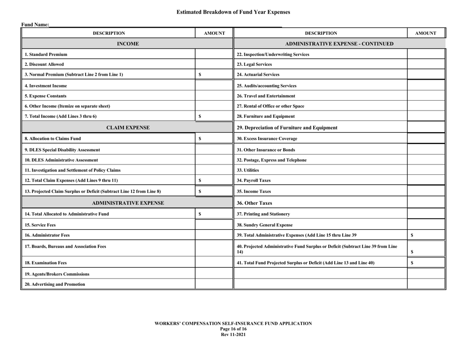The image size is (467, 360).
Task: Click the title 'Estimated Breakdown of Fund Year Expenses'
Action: (x=233, y=12)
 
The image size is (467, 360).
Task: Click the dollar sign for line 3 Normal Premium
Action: (x=200, y=75)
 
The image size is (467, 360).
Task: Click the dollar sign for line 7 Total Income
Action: (x=200, y=116)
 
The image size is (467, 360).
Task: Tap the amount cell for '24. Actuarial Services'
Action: (x=425, y=75)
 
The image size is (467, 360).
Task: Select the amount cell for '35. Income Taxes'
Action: (x=425, y=191)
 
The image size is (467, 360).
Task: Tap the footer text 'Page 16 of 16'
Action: (x=233, y=329)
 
